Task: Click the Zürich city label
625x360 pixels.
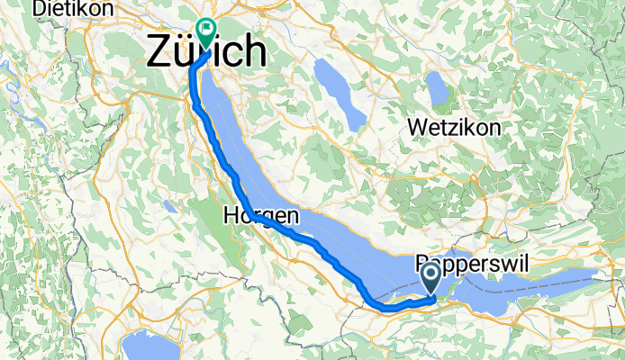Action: (206, 52)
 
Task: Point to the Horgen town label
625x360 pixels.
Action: (260, 216)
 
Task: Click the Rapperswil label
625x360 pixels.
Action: (476, 265)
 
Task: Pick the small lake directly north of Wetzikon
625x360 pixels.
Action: (439, 87)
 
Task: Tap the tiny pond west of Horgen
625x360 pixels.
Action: (168, 206)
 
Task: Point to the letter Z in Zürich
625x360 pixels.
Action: (159, 52)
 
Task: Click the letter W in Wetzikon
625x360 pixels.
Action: (416, 128)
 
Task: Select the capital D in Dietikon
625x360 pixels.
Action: (39, 9)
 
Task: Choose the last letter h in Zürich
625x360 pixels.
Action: (256, 52)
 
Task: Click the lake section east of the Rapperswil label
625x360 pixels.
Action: (576, 279)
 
